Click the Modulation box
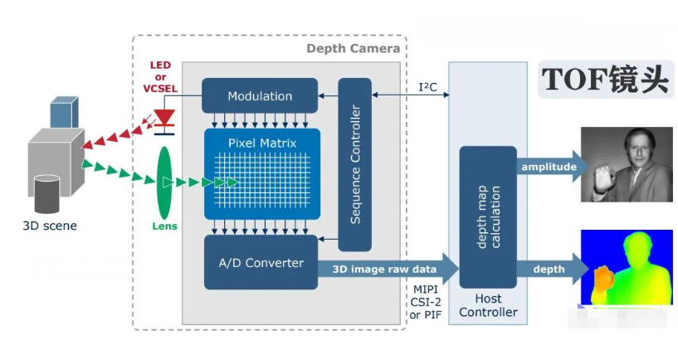pos(260,95)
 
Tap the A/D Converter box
pos(260,263)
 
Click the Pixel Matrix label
pos(262,143)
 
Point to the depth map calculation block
pos(488,216)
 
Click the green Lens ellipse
pos(164,181)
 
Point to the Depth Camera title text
pos(353,48)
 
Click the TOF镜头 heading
pos(605,79)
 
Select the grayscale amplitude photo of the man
pos(626,163)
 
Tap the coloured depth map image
pos(626,267)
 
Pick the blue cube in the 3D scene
pos(64,113)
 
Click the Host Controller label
pos(488,305)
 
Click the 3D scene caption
pos(49,225)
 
